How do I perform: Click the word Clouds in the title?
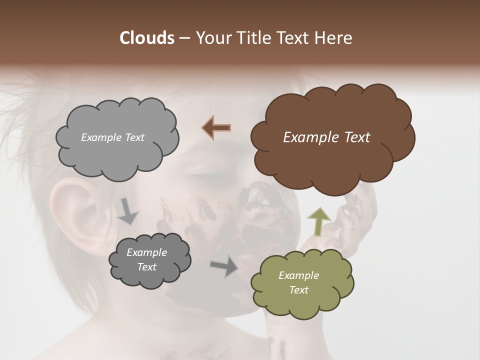pos(146,38)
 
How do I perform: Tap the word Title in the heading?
pos(253,38)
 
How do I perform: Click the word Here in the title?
pos(333,38)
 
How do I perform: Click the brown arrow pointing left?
pos(216,128)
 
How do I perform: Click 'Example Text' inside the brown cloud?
pos(326,137)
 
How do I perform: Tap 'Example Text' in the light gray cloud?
pos(112,137)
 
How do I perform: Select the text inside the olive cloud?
pos(298,282)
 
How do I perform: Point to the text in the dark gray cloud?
pos(147,259)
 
